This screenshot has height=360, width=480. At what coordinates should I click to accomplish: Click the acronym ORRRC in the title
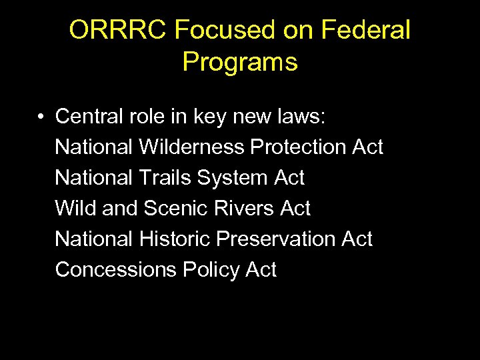(x=118, y=30)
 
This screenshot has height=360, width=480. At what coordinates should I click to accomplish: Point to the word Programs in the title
(x=240, y=62)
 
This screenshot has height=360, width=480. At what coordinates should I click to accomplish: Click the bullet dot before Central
(x=41, y=117)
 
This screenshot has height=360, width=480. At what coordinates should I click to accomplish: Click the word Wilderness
(x=191, y=147)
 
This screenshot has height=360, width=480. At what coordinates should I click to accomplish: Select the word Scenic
(x=175, y=208)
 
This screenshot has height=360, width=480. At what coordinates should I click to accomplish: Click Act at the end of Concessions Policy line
(x=261, y=269)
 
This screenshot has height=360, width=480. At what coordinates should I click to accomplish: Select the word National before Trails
(x=94, y=177)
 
